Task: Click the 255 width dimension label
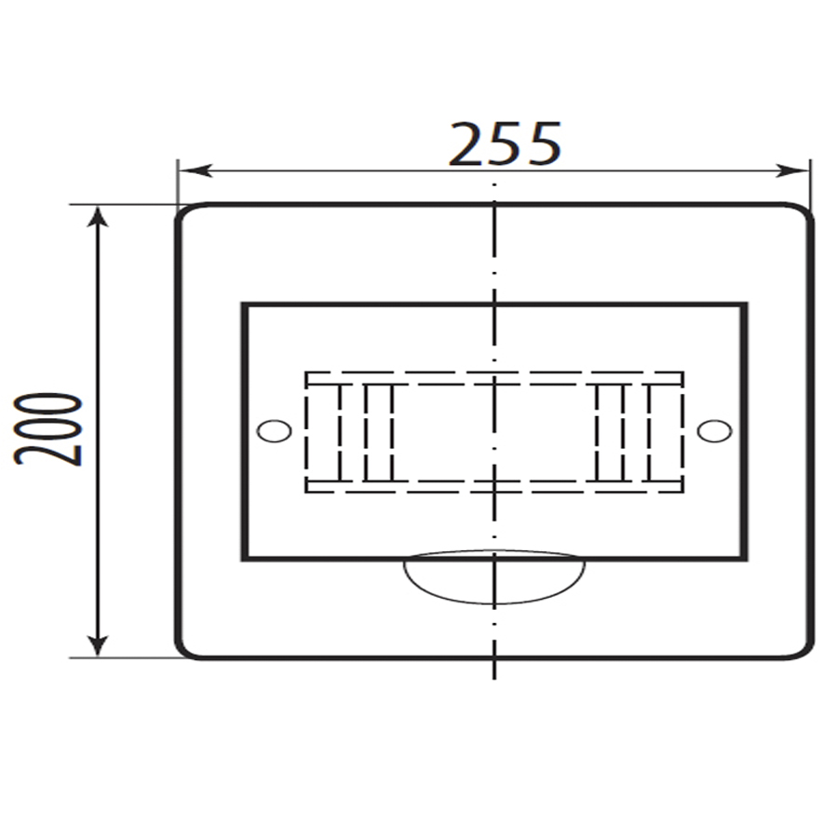[x=505, y=143]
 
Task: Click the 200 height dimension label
[x=48, y=429]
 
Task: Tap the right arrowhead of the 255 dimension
[x=792, y=171]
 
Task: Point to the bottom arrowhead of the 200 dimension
[x=97, y=644]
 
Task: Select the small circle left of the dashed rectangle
[x=274, y=431]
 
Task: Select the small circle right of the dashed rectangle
[x=714, y=431]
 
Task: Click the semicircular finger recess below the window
[x=494, y=602]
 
